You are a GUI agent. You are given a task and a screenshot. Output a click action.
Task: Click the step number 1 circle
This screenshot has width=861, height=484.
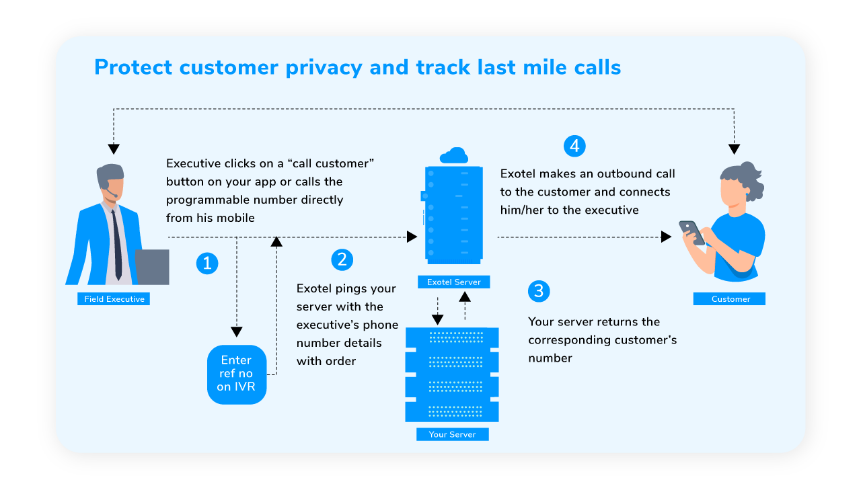coord(207,264)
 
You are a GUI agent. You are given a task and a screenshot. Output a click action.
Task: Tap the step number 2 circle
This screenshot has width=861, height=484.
coord(342,260)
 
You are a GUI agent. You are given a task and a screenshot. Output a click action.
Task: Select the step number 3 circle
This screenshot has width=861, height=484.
coord(539,291)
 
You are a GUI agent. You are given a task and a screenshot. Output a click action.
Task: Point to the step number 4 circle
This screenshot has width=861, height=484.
coord(574,146)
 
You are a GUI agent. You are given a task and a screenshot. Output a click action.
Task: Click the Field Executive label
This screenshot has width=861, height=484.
coord(114,299)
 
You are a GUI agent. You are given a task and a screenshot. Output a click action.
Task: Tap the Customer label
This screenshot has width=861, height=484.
coord(730,299)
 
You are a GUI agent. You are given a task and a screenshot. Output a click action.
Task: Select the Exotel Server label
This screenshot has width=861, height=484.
coord(453,282)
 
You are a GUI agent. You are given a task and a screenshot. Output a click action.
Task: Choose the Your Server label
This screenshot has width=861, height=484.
coord(452,434)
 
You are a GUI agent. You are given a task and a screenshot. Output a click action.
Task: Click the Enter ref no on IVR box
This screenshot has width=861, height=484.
coord(237,374)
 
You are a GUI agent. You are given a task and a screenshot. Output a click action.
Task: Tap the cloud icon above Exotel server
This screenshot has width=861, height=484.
coord(453,157)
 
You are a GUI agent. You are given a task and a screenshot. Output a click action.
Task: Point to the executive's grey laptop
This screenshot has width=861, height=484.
coord(152,267)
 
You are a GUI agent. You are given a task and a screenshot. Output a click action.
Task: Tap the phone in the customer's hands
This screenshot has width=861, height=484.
coord(691,232)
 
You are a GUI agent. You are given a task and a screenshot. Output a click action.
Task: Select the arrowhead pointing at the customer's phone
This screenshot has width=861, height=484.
coord(666,237)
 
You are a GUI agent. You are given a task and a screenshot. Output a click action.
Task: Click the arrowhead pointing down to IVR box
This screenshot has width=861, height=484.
coord(236,331)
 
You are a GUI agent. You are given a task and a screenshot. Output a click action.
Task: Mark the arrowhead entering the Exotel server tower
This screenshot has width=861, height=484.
coord(412,237)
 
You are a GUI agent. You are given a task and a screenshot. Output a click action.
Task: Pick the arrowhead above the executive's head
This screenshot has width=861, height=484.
coord(114,149)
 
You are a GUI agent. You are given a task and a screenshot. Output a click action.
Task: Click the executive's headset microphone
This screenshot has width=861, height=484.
coord(113,196)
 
